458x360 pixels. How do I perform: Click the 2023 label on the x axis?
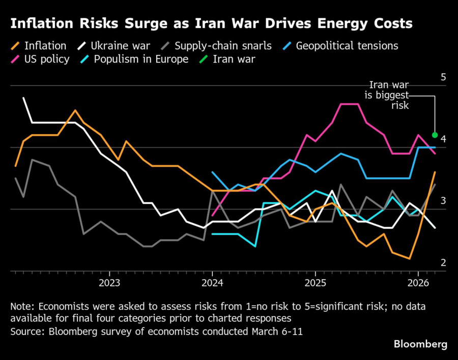pyautogui.click(x=109, y=282)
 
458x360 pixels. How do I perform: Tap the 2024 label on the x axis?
pyautogui.click(x=212, y=282)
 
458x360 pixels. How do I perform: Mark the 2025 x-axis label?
pyautogui.click(x=315, y=282)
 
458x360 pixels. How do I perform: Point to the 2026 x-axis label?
pyautogui.click(x=418, y=282)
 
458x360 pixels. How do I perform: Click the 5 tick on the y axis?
pyautogui.click(x=443, y=77)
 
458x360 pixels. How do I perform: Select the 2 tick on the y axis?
pyautogui.click(x=443, y=262)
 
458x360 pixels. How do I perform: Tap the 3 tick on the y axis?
pyautogui.click(x=443, y=201)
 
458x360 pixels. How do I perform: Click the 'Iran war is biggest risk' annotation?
pyautogui.click(x=389, y=95)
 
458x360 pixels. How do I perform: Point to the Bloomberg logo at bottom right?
pyautogui.click(x=420, y=344)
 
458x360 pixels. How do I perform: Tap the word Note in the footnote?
pyautogui.click(x=21, y=307)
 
